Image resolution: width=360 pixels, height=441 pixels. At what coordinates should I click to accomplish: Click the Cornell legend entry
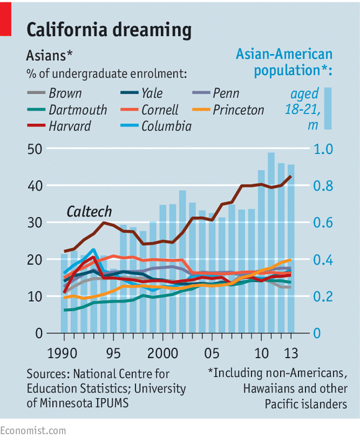tap(160, 111)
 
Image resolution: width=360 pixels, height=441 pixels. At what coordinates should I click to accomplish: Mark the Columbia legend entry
tap(166, 127)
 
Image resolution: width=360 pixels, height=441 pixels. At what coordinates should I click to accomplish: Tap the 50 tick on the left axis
tap(34, 149)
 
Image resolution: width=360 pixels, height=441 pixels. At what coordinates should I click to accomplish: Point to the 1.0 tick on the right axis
tap(323, 149)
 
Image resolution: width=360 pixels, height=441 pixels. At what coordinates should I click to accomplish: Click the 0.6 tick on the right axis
tap(323, 223)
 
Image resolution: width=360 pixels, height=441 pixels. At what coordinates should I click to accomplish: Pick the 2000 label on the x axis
tap(162, 353)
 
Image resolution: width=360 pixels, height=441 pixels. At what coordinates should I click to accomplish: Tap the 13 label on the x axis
tap(290, 353)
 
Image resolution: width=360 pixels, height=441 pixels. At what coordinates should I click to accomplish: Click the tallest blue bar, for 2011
tap(271, 248)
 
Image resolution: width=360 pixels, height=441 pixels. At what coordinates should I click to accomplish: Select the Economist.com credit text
tap(33, 430)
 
